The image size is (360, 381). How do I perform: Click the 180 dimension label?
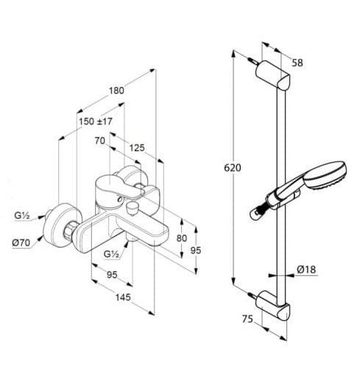[x=116, y=90]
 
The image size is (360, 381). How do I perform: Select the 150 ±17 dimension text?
[x=96, y=121]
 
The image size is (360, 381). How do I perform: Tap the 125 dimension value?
[x=137, y=148]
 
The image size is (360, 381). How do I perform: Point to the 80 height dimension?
[x=182, y=238]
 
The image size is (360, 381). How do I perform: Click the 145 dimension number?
[x=123, y=297]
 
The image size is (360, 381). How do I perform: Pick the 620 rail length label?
[x=233, y=168]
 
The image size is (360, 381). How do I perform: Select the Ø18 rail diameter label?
[x=306, y=269]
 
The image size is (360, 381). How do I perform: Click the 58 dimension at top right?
[x=297, y=63]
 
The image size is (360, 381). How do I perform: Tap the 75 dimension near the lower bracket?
[x=247, y=319]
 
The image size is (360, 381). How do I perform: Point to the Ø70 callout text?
[x=21, y=243]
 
